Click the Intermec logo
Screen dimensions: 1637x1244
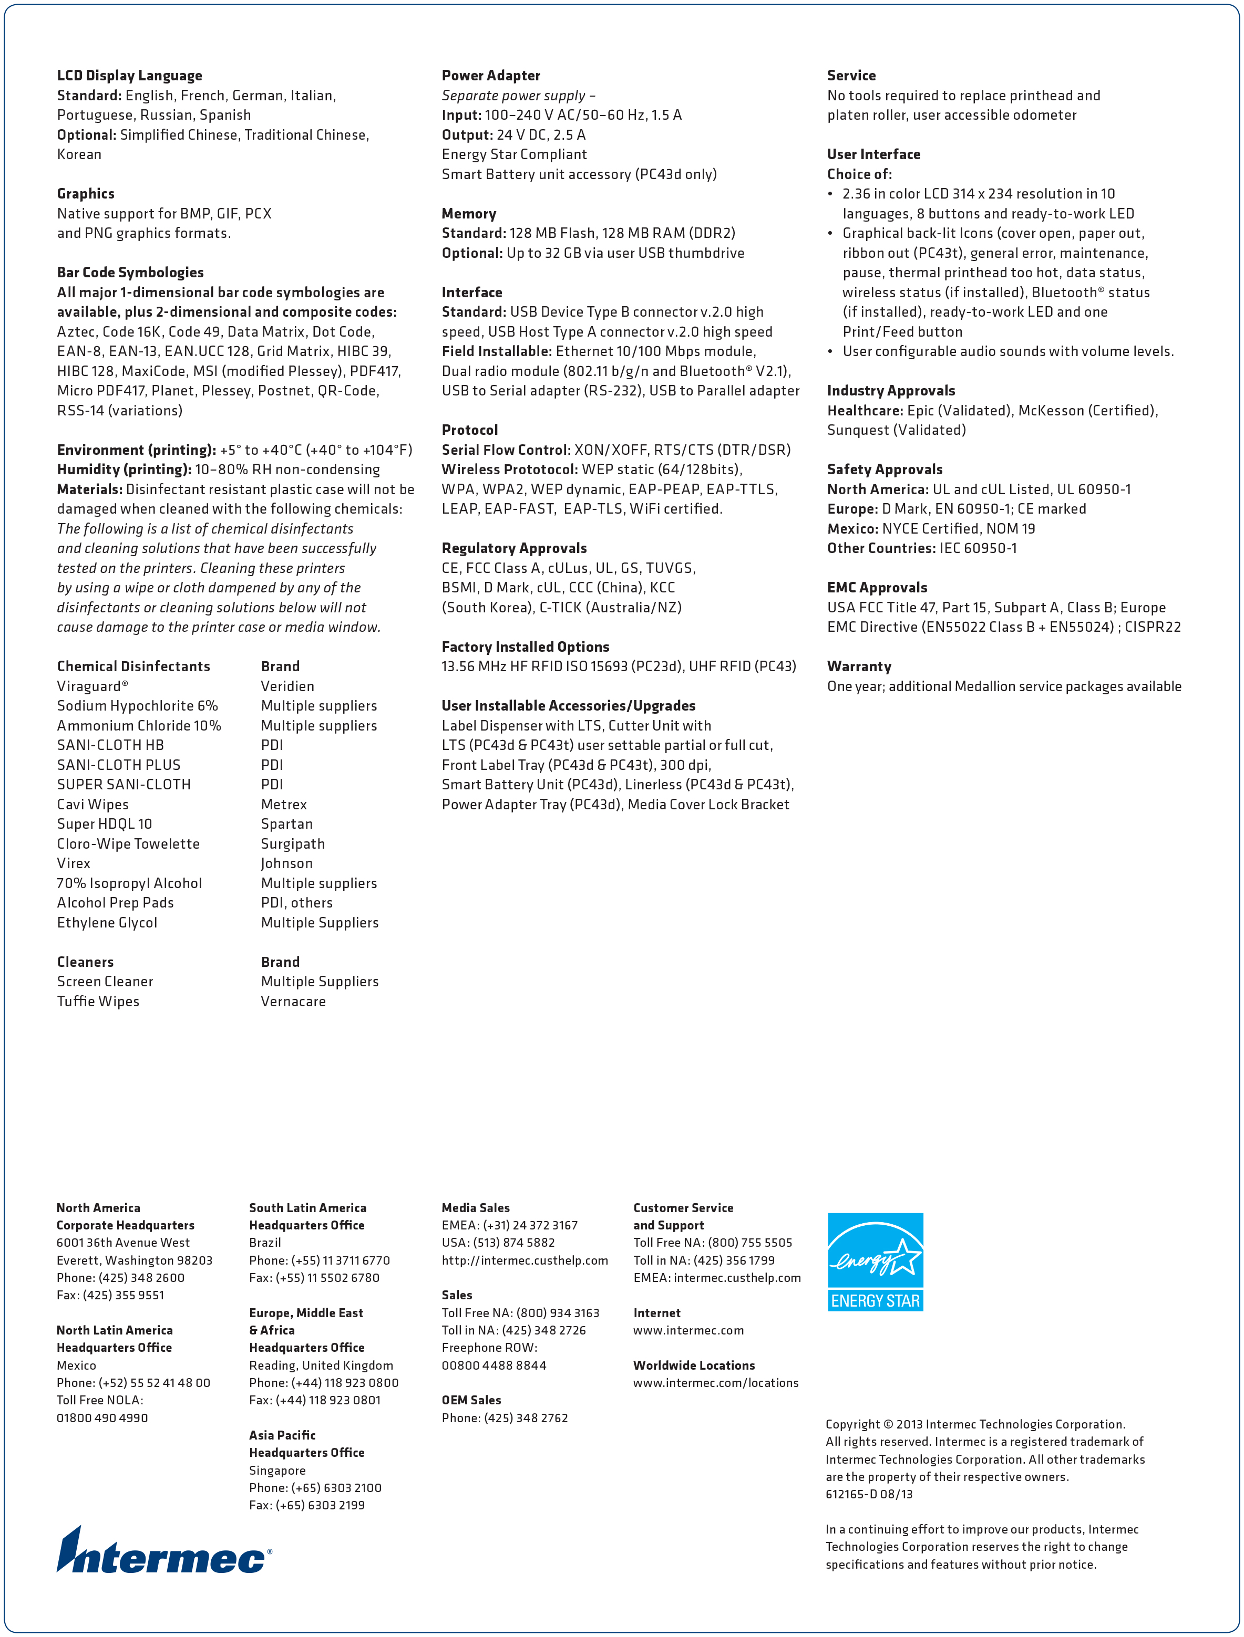pos(163,1551)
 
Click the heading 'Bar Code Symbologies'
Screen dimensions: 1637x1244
pos(130,273)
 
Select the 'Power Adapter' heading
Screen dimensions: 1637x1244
pos(491,76)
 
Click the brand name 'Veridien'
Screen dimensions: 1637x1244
pos(287,686)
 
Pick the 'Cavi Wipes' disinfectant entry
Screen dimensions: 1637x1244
pos(92,805)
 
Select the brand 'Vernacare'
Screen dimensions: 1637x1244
pos(293,1002)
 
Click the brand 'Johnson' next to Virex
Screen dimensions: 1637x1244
pos(286,863)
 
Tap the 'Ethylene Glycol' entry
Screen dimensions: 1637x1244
pos(107,923)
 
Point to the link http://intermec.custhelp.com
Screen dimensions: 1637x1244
pos(525,1260)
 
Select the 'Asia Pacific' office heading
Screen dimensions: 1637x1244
pos(282,1435)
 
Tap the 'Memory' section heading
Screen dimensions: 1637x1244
pos(469,214)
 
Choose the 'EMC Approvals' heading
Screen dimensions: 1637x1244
pos(877,588)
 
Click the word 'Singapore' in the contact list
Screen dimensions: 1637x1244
pos(277,1471)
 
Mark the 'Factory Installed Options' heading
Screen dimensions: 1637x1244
pos(526,647)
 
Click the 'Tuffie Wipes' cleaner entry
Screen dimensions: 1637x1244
pos(98,1002)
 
